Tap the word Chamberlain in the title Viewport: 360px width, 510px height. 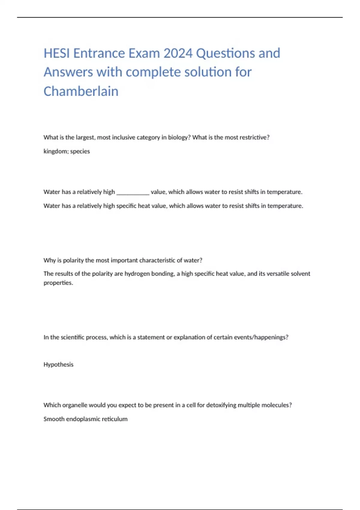tap(81, 91)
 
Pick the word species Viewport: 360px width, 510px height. tap(80, 151)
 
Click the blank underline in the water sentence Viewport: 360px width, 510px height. tap(133, 192)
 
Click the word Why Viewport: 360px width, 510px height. tap(49, 260)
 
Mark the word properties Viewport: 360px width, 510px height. tap(58, 283)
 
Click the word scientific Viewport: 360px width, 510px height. tap(72, 337)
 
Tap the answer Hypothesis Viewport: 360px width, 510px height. tap(58, 364)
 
